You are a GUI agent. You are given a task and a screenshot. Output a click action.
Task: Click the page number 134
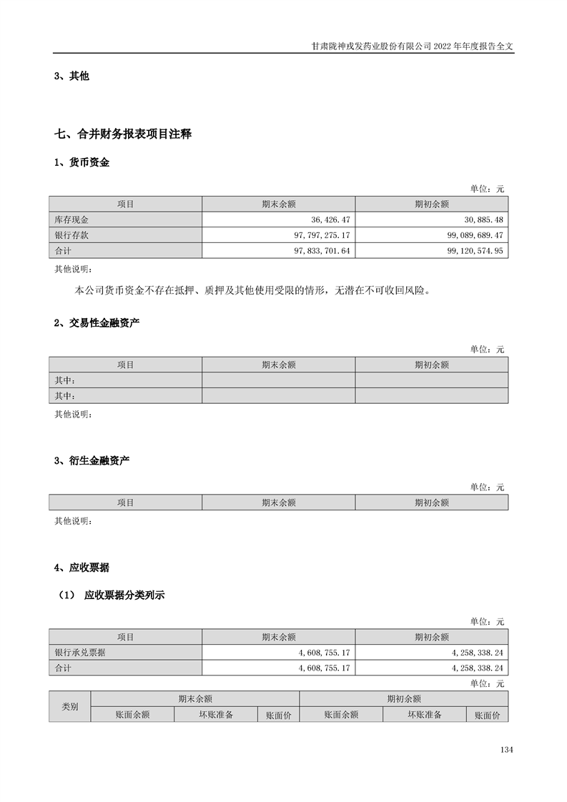pos(507,750)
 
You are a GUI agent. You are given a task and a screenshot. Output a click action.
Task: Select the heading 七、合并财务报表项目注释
pos(123,134)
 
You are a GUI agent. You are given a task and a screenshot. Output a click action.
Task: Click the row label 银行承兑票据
pos(79,652)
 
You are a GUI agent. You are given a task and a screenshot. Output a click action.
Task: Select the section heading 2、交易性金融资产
pos(97,323)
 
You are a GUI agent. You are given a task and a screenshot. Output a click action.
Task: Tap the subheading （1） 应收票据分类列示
pos(111,595)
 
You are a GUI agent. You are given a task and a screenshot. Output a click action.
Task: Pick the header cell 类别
pos(70,706)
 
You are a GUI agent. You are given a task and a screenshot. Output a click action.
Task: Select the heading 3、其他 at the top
pos(72,76)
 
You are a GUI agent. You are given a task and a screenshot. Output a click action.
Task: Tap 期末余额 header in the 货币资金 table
pos(278,204)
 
